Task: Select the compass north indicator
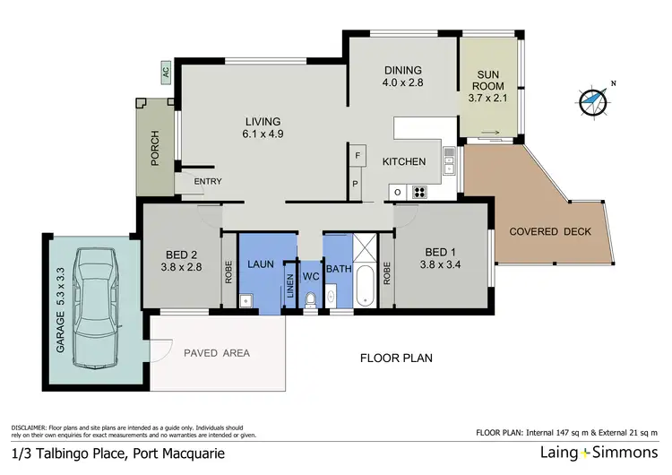tap(592, 101)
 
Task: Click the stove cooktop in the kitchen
tap(418, 192)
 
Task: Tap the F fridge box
tap(356, 155)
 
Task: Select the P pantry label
tap(356, 185)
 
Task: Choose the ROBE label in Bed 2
tap(229, 272)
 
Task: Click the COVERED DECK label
tap(550, 232)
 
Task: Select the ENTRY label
tap(208, 182)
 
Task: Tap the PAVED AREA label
tap(217, 352)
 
